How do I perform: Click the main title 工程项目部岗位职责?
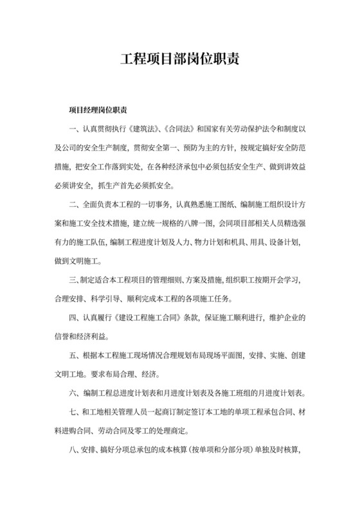click(180, 60)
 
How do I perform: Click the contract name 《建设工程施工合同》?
click(150, 318)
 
